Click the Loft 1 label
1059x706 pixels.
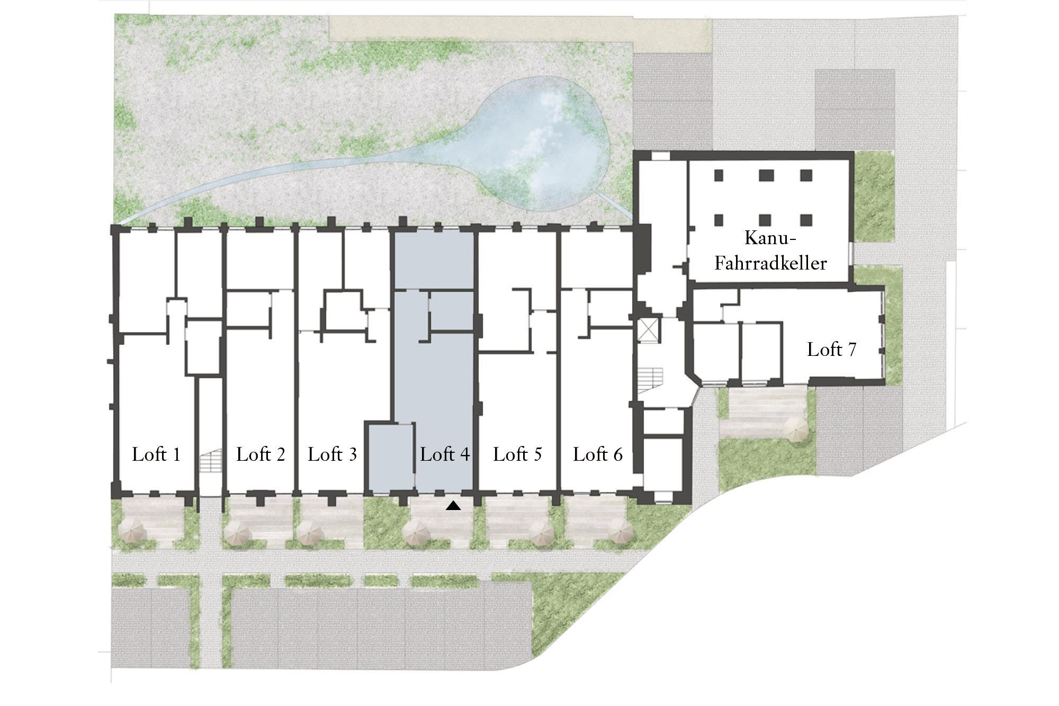coord(156,454)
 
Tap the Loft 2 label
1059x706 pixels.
coord(261,454)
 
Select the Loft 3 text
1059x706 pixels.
coord(333,454)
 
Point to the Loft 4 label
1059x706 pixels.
coord(445,454)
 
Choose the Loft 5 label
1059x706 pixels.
coord(517,454)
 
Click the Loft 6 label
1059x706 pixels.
coord(598,454)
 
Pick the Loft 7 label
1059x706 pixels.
coord(831,350)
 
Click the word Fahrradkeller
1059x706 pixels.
coord(770,263)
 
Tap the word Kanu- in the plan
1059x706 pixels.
coord(770,238)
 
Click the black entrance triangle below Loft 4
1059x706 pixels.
coord(454,506)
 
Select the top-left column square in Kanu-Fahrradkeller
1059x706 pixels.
coord(719,175)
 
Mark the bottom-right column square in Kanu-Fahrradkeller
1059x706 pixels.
coord(806,220)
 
